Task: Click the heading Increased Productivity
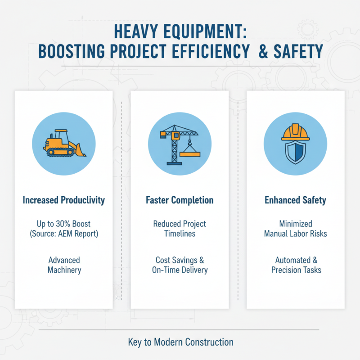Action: point(64,200)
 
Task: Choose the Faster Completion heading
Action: point(180,200)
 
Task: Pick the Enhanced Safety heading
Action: point(295,200)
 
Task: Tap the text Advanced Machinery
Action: point(64,265)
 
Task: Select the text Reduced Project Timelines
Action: point(180,229)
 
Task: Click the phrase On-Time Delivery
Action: point(180,270)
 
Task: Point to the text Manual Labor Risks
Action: point(295,234)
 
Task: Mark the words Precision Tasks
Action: point(296,270)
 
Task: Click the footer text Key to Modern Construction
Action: point(180,342)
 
